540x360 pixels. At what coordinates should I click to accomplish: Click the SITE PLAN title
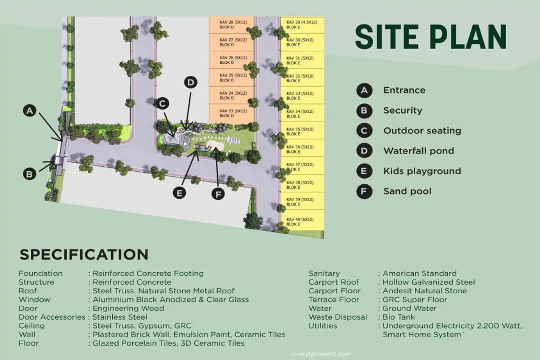click(431, 37)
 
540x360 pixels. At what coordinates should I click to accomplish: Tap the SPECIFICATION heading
click(84, 255)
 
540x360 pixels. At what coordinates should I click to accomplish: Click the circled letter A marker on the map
click(30, 111)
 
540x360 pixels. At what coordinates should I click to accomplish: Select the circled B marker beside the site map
click(30, 174)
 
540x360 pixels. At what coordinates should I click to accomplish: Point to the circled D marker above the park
click(190, 82)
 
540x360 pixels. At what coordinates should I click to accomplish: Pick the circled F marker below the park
click(218, 194)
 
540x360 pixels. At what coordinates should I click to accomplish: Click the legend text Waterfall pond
click(418, 151)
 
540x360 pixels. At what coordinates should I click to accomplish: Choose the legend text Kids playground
click(422, 171)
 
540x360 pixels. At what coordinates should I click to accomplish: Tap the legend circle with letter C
click(364, 131)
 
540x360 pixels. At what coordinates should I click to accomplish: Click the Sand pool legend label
click(407, 191)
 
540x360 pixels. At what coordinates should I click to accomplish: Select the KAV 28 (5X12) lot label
click(233, 22)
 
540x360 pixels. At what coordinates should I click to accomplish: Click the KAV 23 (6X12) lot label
click(233, 111)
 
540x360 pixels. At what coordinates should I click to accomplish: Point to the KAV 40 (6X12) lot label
click(300, 219)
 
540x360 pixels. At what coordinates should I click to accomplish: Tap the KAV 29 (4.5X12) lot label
click(301, 22)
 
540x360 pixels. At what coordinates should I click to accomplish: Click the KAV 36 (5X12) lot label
click(300, 147)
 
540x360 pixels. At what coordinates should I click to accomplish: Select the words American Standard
click(419, 273)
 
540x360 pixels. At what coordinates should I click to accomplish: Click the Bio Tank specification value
click(399, 317)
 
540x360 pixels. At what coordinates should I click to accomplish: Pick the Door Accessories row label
click(52, 317)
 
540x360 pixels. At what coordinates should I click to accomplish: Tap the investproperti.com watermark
click(321, 354)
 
